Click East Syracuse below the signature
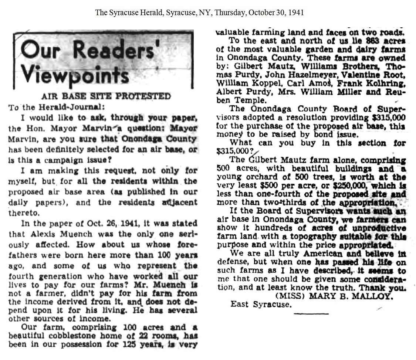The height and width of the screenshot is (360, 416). point(261,305)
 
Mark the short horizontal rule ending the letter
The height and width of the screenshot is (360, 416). point(311,313)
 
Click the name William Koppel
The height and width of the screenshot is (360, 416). point(241,84)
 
